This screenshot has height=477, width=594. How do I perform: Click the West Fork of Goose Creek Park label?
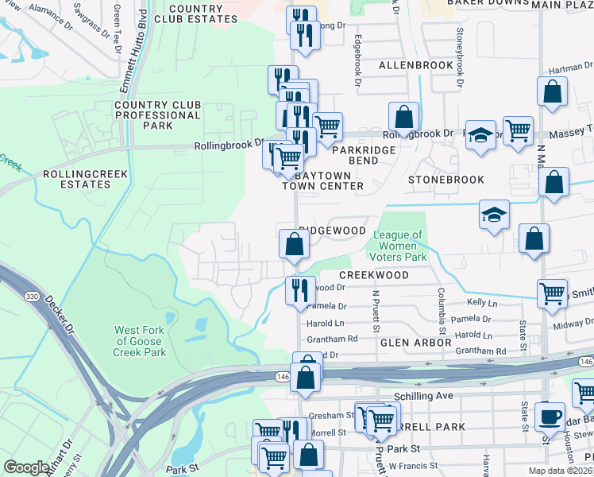[140, 341]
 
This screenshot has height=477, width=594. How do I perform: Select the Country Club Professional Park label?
[157, 115]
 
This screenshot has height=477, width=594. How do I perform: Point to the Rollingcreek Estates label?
[77, 179]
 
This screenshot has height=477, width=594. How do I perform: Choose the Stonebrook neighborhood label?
[445, 180]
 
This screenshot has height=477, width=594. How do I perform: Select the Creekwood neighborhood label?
[373, 275]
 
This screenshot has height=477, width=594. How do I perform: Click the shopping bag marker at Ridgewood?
[294, 243]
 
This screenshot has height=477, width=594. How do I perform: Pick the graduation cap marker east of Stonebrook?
[494, 214]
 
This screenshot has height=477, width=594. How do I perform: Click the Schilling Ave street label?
[422, 395]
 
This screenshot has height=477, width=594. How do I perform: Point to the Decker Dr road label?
[59, 313]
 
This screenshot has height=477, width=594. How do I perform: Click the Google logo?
[26, 467]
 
